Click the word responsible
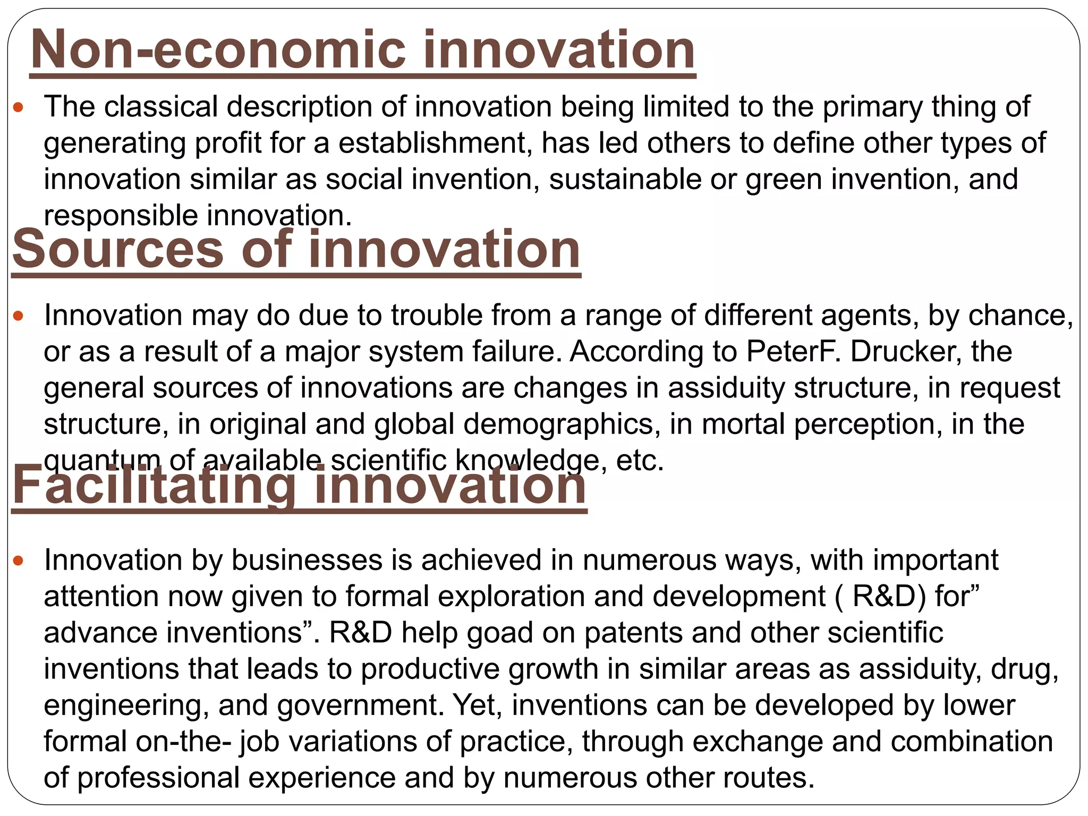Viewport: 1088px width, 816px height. [x=121, y=216]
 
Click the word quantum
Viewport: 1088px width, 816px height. [x=102, y=461]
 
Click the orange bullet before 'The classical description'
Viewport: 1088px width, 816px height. [x=19, y=107]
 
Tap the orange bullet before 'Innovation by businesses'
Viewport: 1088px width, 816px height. [x=19, y=561]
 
